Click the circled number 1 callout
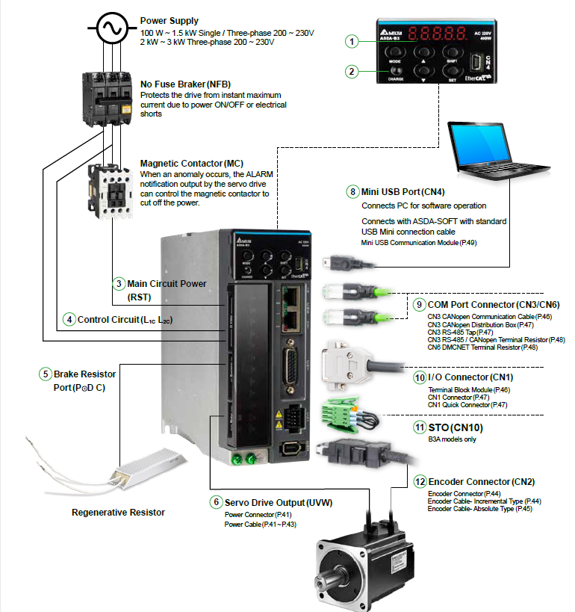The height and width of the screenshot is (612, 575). (x=352, y=42)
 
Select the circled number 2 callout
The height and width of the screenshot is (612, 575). (x=352, y=72)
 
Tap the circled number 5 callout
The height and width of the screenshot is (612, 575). (x=46, y=374)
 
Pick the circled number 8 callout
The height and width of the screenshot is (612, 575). (x=352, y=191)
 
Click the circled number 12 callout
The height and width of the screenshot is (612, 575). (x=420, y=481)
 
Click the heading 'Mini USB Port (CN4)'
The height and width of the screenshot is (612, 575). (x=408, y=192)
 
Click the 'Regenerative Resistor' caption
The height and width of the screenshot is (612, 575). (x=118, y=512)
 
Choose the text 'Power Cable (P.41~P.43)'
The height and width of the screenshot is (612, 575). (x=260, y=525)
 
